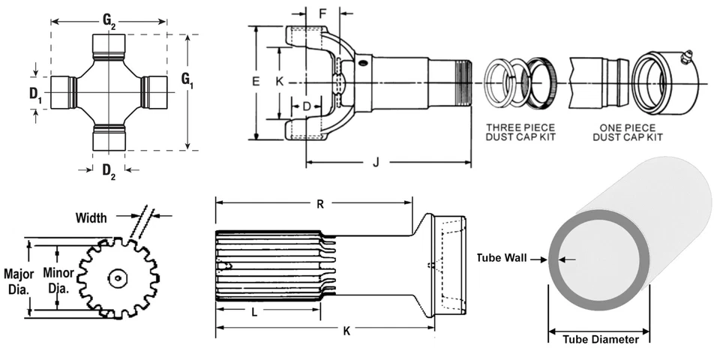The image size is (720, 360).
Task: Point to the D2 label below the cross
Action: (109, 169)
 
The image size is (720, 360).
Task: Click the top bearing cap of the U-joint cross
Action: (109, 46)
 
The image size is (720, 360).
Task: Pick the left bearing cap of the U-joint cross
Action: (63, 91)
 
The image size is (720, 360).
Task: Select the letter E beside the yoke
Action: (255, 82)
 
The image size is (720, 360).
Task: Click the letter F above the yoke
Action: (322, 14)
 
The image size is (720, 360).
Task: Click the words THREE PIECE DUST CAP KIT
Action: (520, 132)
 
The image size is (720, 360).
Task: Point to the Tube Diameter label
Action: (601, 339)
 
